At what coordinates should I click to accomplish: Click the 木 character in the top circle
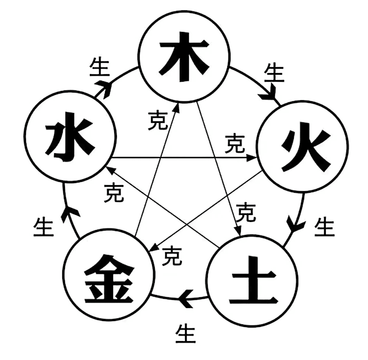point(184,57)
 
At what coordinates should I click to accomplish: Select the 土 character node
point(253,280)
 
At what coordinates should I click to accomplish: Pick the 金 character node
point(109,278)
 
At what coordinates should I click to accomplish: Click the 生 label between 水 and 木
point(100,68)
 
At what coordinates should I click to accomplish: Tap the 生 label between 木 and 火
point(274,74)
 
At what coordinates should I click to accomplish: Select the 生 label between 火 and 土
point(325,227)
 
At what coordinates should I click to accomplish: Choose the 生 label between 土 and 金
point(186,333)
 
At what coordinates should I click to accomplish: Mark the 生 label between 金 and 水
point(44,227)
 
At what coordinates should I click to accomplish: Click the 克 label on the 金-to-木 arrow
point(157,121)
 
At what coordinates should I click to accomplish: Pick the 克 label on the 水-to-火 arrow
point(235,143)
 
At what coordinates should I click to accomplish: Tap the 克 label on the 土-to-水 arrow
point(114,193)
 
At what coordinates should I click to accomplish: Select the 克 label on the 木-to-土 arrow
point(246,212)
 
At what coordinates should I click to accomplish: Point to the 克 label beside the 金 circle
point(172,256)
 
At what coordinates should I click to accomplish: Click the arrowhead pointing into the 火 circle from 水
point(252,158)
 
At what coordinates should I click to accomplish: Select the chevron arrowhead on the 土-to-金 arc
point(186,299)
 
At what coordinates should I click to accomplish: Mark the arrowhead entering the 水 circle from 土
point(111,170)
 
